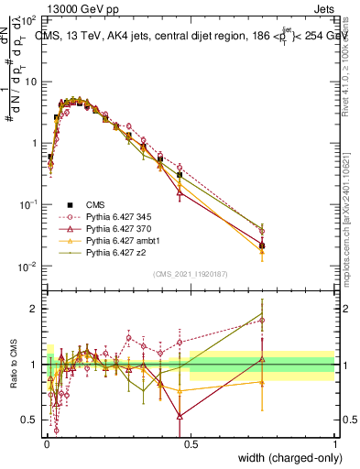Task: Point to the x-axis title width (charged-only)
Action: (x=290, y=458)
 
